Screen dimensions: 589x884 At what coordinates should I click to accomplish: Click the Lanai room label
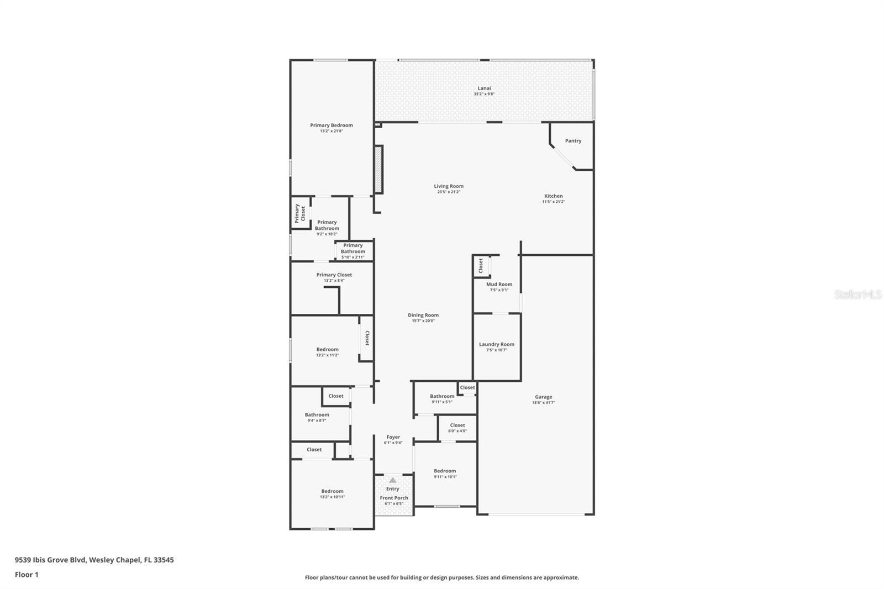[484, 88]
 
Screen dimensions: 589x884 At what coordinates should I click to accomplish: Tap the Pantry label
[573, 141]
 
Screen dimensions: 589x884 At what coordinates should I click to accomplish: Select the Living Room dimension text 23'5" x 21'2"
[449, 192]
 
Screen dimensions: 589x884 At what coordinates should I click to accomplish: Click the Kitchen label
[553, 196]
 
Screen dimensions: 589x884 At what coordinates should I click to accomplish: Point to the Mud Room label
[499, 285]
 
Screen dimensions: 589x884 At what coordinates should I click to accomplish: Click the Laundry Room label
[496, 344]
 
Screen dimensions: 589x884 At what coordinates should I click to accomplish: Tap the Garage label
[543, 397]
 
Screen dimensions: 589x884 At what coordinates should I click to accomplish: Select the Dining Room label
[423, 315]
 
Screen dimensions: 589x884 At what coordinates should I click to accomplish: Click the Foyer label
[393, 437]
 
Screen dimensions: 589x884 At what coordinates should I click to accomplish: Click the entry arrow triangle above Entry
[392, 480]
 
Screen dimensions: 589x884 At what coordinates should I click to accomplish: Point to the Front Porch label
[394, 498]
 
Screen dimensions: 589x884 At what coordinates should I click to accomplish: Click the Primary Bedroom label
[331, 125]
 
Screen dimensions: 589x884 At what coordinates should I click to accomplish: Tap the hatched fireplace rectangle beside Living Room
[378, 169]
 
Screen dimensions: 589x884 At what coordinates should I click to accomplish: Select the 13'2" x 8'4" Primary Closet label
[334, 275]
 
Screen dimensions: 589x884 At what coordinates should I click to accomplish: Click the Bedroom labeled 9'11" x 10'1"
[445, 471]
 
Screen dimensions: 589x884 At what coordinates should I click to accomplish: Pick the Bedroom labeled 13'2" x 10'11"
[332, 491]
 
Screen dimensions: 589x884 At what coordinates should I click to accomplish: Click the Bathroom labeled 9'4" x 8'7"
[317, 415]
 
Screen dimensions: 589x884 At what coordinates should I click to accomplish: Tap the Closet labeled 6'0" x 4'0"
[457, 425]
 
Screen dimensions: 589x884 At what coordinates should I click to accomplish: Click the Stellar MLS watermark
[857, 294]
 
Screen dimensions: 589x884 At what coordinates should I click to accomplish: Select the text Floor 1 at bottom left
[27, 575]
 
